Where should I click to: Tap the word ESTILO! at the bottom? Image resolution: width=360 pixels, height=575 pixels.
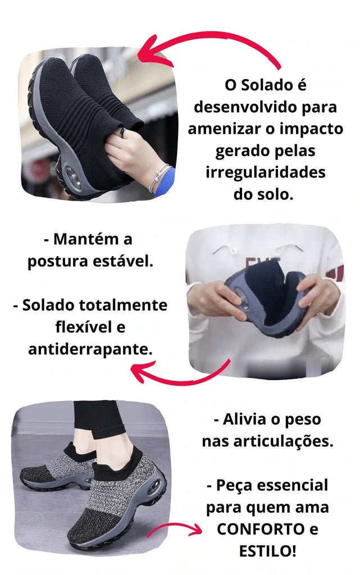point(267,550)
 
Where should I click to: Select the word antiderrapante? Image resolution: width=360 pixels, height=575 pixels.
point(90,349)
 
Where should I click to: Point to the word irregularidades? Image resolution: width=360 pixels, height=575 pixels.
point(265,172)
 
